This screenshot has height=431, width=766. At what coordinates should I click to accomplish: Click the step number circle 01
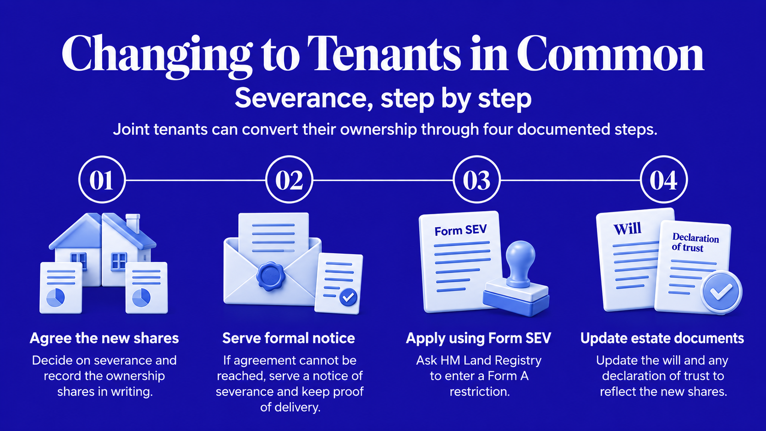(102, 180)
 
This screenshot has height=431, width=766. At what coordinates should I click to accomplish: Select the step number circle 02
(289, 180)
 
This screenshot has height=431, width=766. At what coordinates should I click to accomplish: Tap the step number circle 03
(476, 180)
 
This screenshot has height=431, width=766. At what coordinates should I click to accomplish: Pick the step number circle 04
(663, 180)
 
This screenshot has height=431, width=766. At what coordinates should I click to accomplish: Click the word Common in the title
(610, 54)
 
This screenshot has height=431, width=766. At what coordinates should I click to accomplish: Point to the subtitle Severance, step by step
(383, 98)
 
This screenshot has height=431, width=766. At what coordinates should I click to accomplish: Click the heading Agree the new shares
(104, 338)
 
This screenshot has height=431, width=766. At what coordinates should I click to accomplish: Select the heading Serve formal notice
(289, 338)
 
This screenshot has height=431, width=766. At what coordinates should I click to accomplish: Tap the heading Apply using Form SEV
(478, 338)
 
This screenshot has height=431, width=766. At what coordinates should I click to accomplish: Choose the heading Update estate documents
(662, 338)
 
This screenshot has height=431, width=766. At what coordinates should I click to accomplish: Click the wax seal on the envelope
(271, 276)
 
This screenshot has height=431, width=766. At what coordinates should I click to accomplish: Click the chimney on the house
(133, 224)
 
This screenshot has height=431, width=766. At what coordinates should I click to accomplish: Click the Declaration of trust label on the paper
(695, 242)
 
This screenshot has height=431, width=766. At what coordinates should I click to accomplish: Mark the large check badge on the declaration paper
(721, 292)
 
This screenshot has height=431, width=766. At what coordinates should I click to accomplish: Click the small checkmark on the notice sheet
(348, 297)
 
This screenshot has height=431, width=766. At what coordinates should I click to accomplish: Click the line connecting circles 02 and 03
(383, 180)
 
